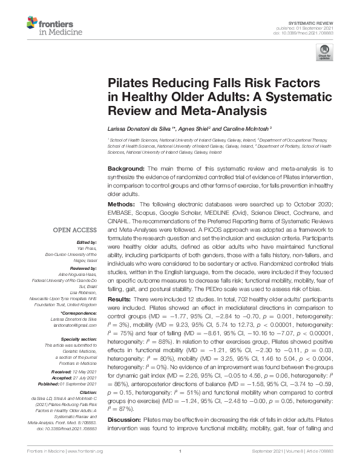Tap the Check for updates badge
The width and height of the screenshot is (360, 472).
[324, 54]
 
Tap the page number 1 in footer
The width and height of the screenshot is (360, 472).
[180, 467]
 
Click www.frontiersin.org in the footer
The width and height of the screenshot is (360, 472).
[84, 467]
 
